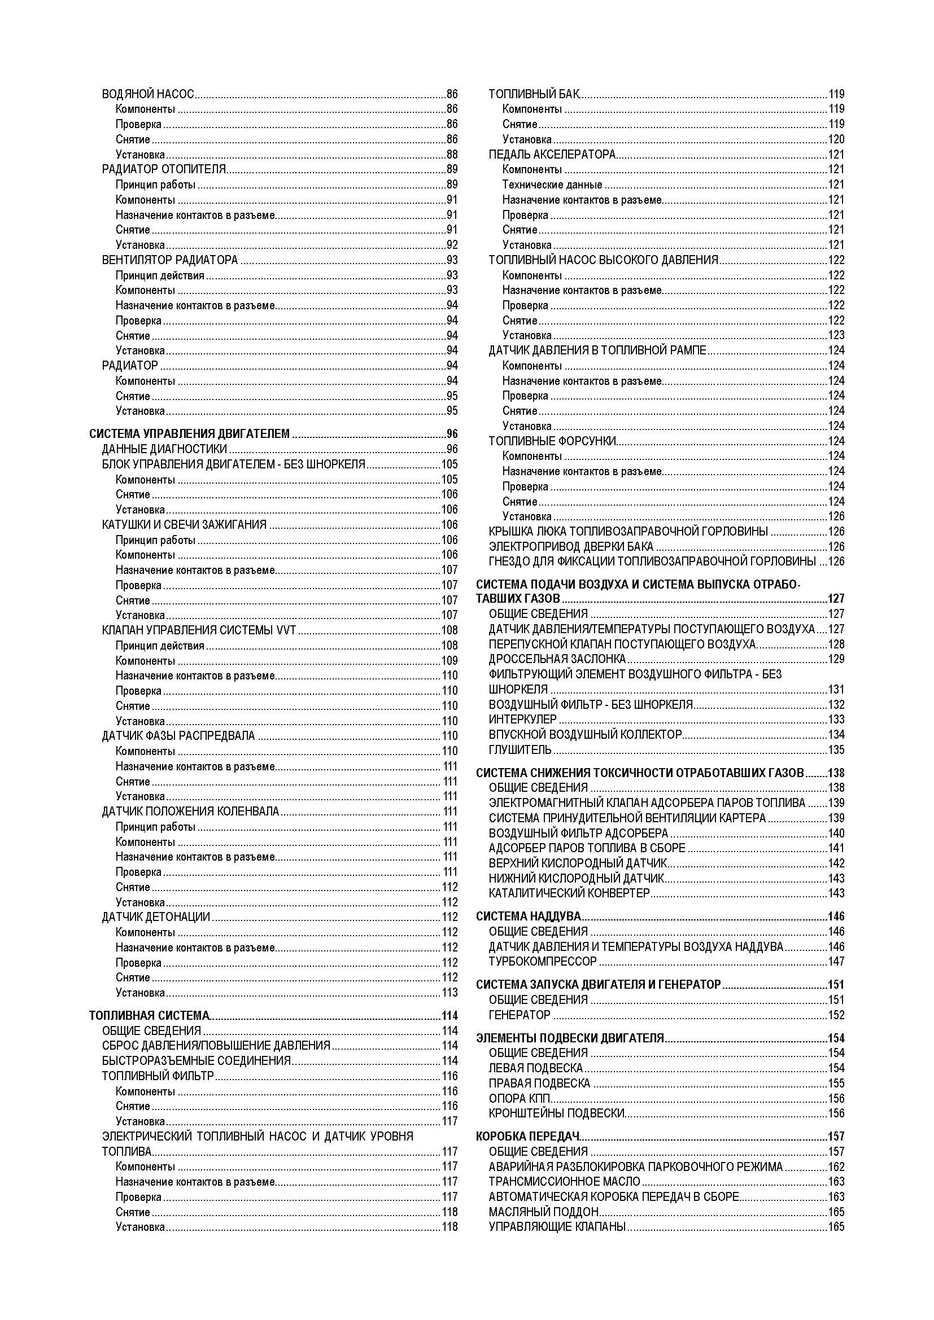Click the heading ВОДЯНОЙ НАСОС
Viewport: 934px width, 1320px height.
148,94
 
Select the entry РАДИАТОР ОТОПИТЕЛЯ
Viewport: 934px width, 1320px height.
164,169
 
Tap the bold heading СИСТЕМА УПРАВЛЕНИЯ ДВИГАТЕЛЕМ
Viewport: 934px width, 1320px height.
189,433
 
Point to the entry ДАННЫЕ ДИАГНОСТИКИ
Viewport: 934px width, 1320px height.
164,449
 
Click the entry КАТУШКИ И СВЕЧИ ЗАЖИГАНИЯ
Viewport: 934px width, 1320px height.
184,524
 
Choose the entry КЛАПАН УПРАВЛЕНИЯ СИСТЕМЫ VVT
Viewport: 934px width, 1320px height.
198,630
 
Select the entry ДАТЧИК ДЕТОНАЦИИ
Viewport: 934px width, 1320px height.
156,916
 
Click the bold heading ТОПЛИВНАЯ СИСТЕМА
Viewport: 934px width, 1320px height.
150,1015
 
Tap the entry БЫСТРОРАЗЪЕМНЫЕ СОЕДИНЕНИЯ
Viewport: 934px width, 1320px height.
196,1061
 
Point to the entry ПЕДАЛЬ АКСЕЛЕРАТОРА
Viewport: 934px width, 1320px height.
552,154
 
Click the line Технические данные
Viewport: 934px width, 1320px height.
552,185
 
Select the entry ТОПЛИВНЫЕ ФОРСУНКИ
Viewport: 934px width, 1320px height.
552,441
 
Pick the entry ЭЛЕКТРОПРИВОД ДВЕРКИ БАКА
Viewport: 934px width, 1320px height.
570,546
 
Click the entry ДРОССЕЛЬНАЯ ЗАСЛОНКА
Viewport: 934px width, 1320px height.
557,659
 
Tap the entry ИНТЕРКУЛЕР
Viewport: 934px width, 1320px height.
522,719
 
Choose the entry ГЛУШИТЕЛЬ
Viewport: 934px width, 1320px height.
520,749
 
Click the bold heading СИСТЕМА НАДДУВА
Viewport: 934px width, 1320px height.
528,916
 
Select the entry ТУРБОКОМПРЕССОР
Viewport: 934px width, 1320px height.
542,961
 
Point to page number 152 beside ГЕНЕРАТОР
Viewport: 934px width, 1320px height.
836,1015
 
